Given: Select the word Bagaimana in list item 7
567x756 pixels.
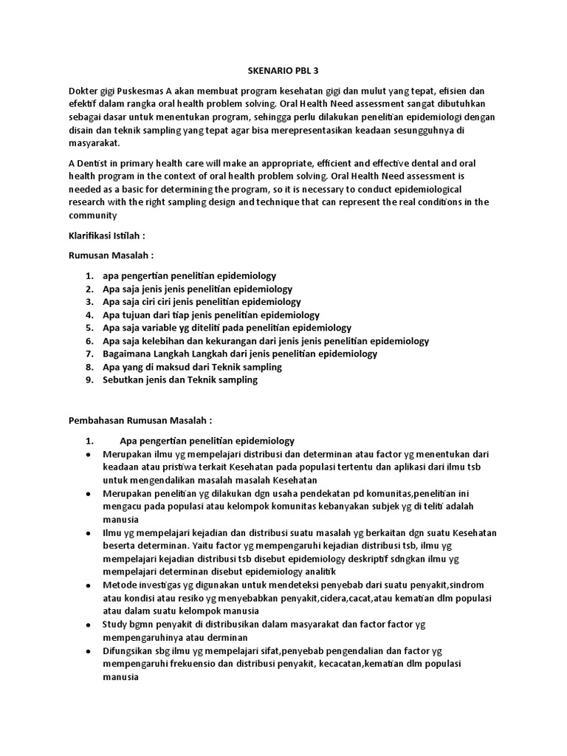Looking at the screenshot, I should tap(126, 354).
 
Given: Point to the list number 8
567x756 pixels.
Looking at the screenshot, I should tap(89, 367).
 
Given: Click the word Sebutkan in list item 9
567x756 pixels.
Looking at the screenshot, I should tap(122, 380).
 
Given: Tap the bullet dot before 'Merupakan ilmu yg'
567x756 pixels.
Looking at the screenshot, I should tap(89, 454).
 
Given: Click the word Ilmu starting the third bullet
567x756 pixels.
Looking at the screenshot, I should tap(111, 533).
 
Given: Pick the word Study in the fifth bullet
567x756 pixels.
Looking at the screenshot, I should tap(115, 625).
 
